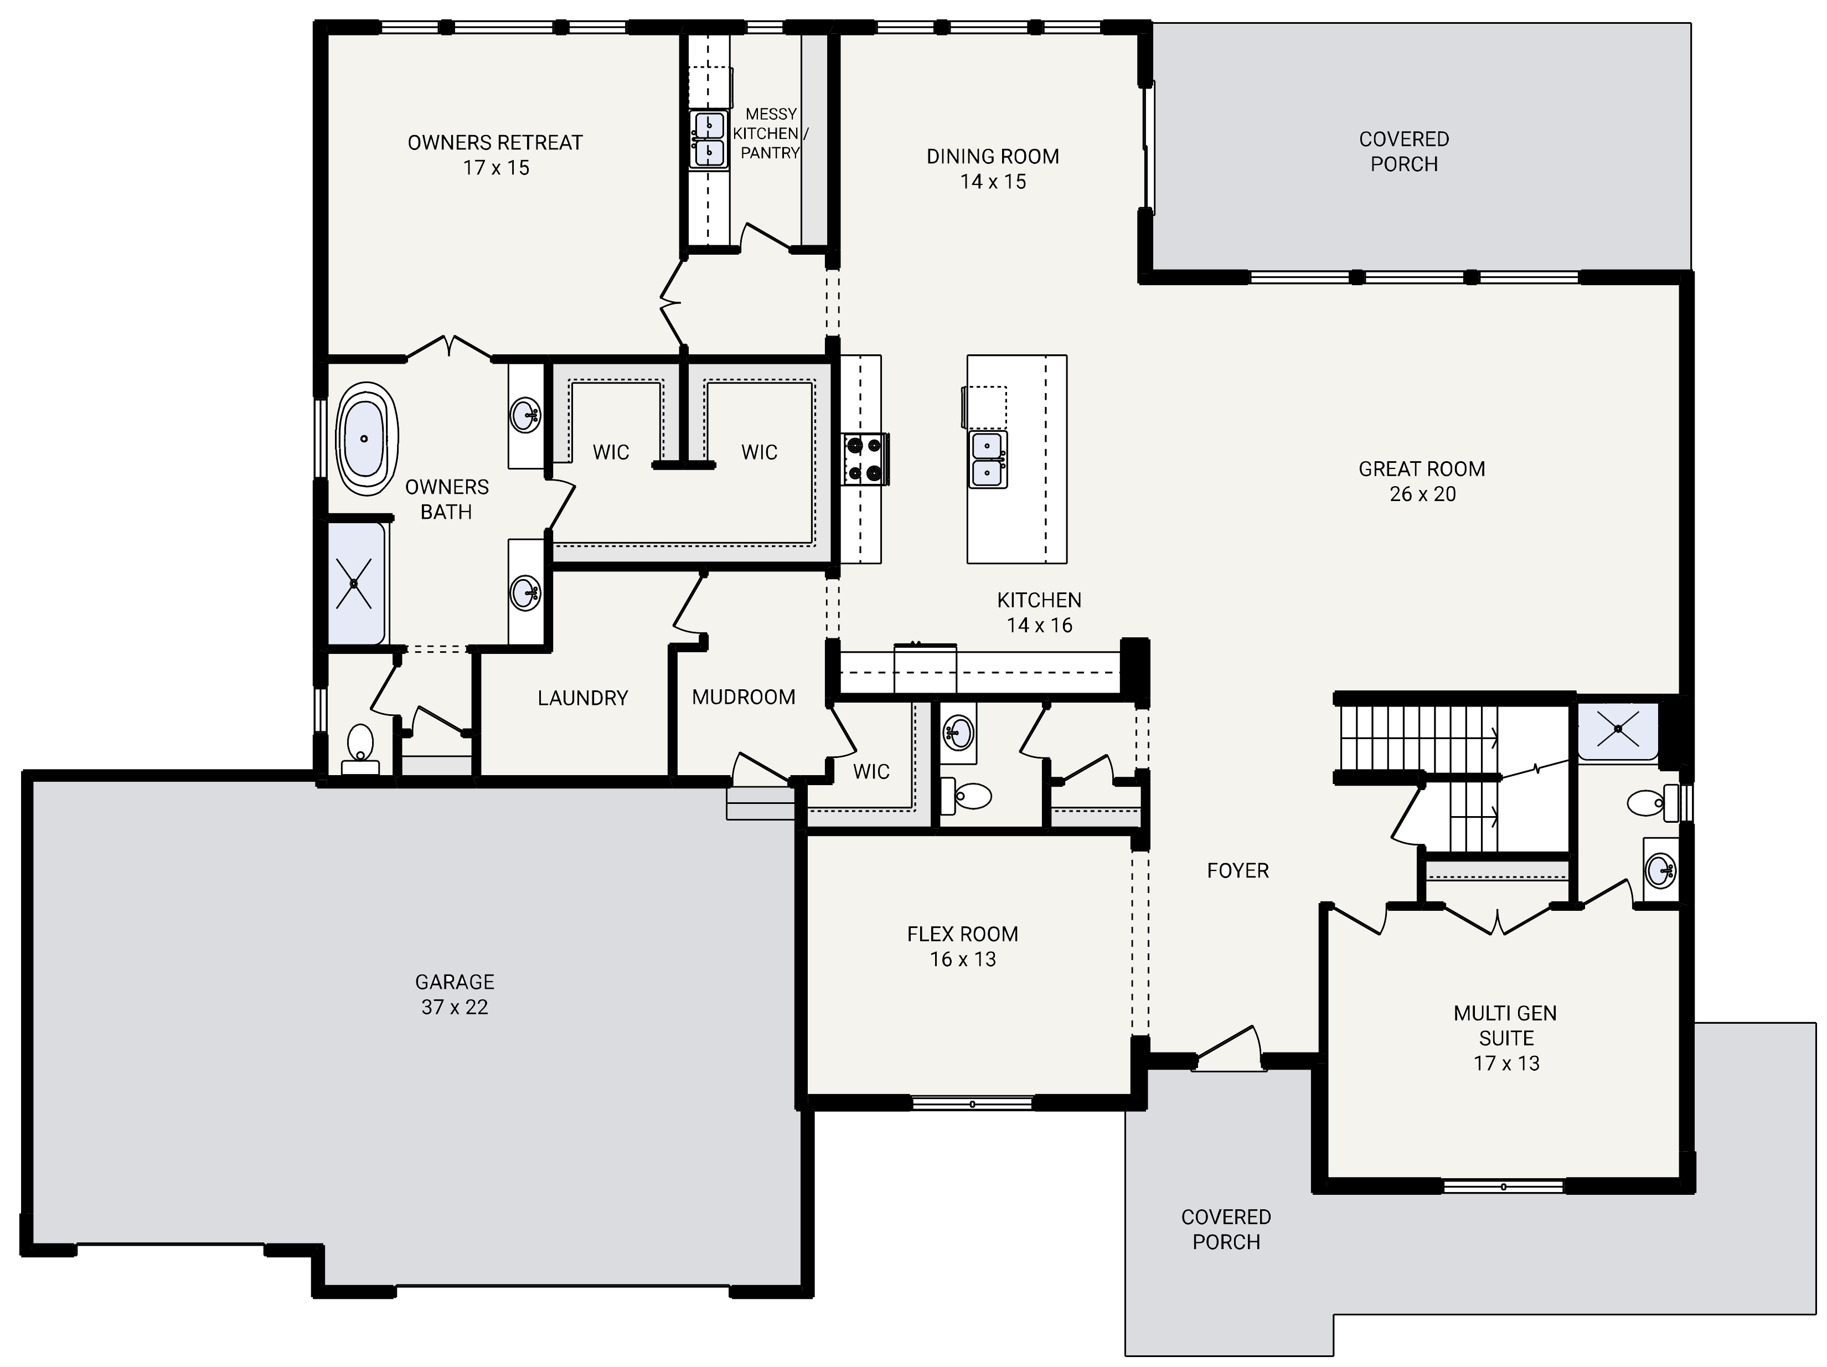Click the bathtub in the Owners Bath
pyautogui.click(x=365, y=439)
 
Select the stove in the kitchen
pyautogui.click(x=864, y=459)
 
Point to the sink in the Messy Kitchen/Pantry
pyautogui.click(x=710, y=140)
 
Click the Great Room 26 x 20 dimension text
pyautogui.click(x=1422, y=494)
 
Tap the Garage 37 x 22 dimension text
pyautogui.click(x=455, y=1007)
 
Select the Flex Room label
pyautogui.click(x=962, y=934)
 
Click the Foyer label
pyautogui.click(x=1237, y=870)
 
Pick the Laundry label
pyautogui.click(x=582, y=698)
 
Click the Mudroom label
pyautogui.click(x=744, y=697)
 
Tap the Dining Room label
pyautogui.click(x=992, y=156)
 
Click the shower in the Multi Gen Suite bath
pyautogui.click(x=1617, y=730)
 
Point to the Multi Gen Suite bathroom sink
pyautogui.click(x=1659, y=869)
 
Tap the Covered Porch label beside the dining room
pyautogui.click(x=1403, y=151)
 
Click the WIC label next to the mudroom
pyautogui.click(x=870, y=771)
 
